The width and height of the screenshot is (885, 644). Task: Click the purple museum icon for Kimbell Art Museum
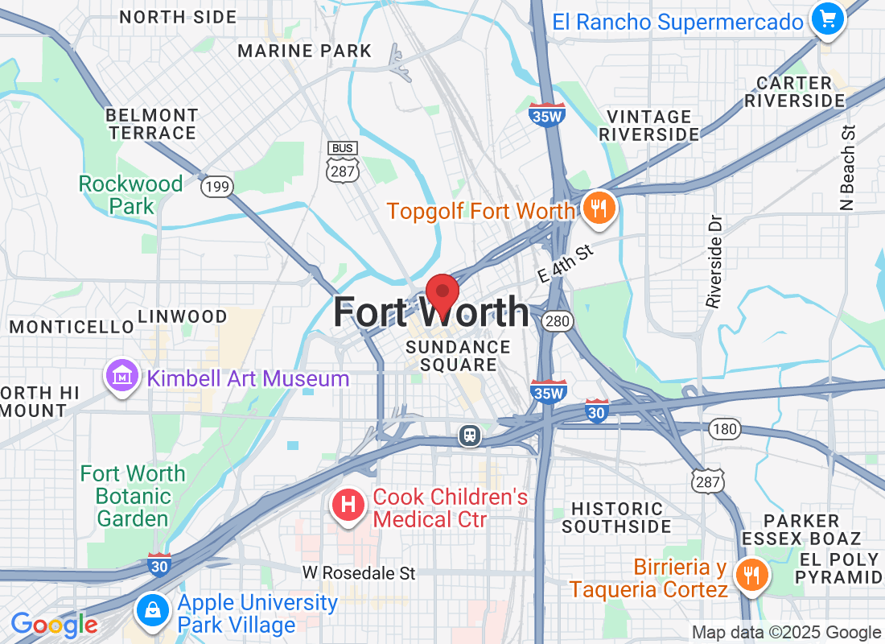pyautogui.click(x=121, y=376)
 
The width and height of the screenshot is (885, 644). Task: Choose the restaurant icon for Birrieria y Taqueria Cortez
pyautogui.click(x=752, y=575)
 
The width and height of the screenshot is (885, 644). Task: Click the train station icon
pyautogui.click(x=469, y=436)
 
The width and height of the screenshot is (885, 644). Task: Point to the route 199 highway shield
pyautogui.click(x=216, y=188)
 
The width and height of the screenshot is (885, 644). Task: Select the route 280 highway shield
pyautogui.click(x=556, y=321)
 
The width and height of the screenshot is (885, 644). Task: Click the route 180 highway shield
pyautogui.click(x=725, y=429)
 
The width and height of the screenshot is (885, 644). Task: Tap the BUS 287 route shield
pyautogui.click(x=342, y=162)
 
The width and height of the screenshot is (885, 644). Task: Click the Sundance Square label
pyautogui.click(x=458, y=356)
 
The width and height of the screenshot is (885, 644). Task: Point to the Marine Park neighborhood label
pyautogui.click(x=305, y=52)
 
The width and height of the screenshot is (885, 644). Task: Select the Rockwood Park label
pyautogui.click(x=130, y=195)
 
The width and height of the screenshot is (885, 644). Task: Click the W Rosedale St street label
pyautogui.click(x=359, y=573)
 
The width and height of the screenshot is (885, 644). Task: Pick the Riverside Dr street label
pyautogui.click(x=714, y=260)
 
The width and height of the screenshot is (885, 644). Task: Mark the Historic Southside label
pyautogui.click(x=616, y=518)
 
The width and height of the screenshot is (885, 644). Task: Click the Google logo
pyautogui.click(x=54, y=624)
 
